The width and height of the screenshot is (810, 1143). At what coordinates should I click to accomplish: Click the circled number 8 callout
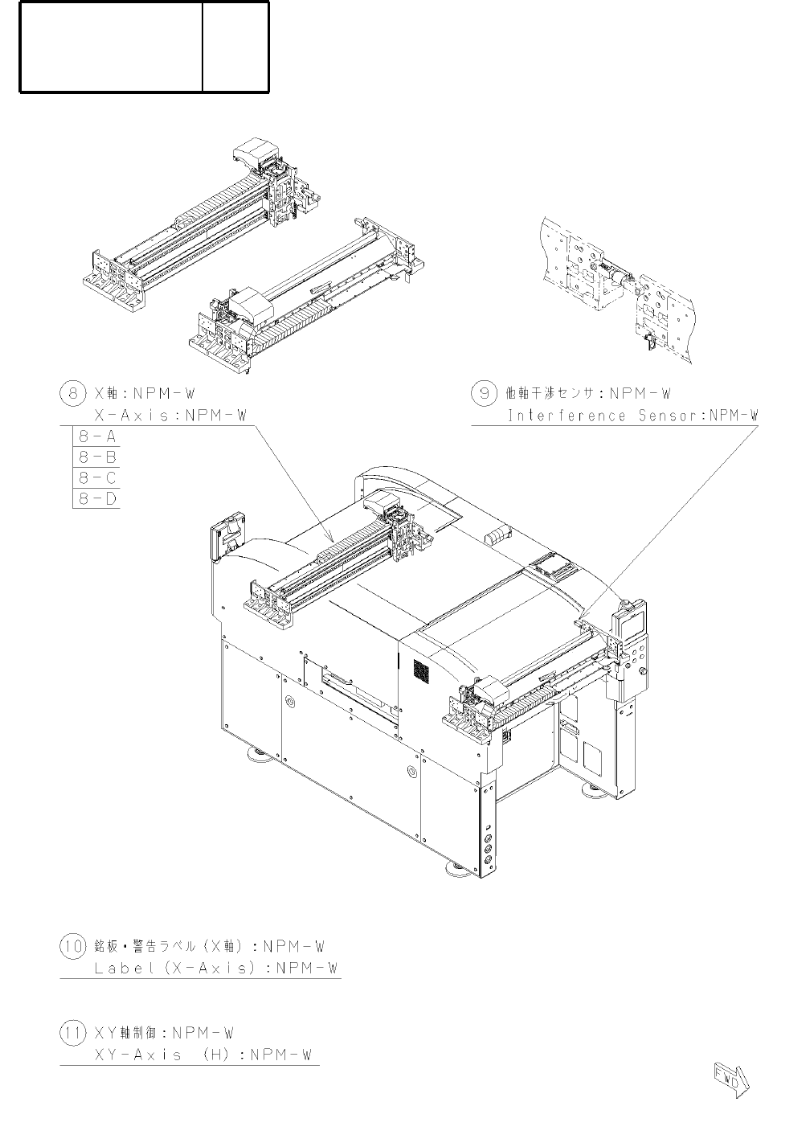coord(71,394)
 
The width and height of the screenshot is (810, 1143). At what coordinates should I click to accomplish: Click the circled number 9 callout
coord(484,394)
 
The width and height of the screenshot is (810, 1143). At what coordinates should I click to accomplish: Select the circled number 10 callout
coord(72,946)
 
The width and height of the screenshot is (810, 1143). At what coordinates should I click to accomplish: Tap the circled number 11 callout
coord(72,1033)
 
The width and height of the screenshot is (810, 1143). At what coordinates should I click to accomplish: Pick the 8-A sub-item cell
coord(97,437)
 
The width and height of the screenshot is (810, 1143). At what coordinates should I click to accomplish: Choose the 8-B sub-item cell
coord(97,457)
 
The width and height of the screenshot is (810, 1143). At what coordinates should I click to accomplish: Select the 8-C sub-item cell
coord(97,478)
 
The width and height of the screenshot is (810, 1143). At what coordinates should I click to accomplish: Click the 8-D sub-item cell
coord(97,498)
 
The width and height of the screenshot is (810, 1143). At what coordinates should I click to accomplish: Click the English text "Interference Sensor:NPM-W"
coord(632,416)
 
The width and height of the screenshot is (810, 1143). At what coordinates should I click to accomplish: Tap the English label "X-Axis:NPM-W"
coord(170,416)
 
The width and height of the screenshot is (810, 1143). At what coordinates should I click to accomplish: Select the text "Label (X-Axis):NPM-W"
coord(215,969)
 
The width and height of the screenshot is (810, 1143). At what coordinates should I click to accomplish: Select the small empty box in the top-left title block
coord(235,47)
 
